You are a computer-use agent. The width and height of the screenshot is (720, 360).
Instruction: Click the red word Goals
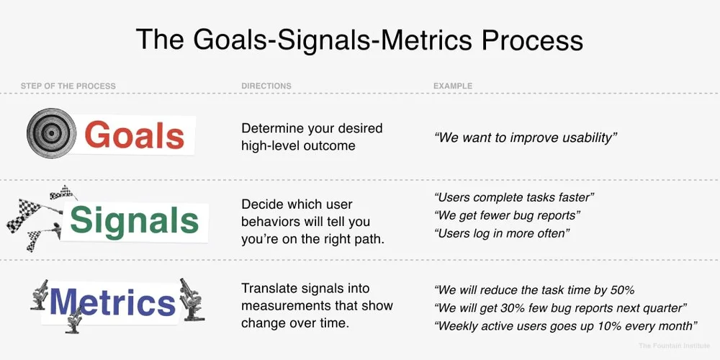135,135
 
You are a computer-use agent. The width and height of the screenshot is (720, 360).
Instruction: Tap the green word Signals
135,220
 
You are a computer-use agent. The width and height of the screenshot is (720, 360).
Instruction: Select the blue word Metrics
112,302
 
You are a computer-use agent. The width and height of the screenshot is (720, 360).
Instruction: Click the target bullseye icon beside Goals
52,133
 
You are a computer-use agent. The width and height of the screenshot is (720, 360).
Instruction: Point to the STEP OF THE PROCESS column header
68,86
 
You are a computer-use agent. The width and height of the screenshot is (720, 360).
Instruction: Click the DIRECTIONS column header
266,86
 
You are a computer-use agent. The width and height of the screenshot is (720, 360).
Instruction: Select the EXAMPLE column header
453,86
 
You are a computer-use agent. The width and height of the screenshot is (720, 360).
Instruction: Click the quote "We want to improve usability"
526,137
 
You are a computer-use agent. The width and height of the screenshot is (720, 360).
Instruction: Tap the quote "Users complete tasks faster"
514,197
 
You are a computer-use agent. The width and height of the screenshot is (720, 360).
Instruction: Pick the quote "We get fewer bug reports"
508,215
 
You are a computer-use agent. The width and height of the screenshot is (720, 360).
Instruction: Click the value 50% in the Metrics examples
620,291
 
